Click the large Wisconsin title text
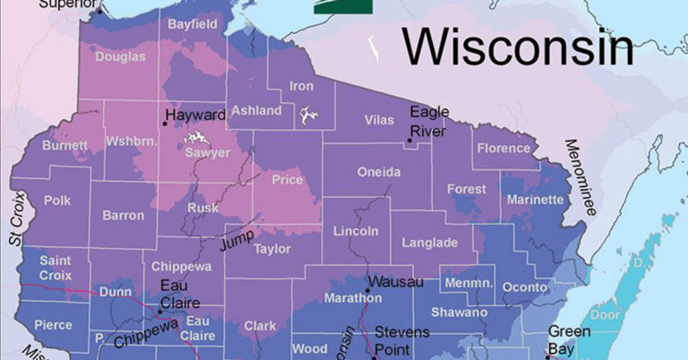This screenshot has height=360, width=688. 517,47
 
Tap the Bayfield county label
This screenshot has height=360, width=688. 192,24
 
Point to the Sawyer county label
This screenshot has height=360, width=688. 206,153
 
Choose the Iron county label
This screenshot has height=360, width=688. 302,87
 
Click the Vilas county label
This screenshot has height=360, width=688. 379,120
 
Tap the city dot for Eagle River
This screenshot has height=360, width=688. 409,141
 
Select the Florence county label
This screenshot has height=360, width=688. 503,149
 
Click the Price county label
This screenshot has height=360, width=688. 288,180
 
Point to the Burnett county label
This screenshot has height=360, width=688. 64,144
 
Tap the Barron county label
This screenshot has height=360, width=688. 123,216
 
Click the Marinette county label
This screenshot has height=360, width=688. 535,201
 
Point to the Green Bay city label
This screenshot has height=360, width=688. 569,339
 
